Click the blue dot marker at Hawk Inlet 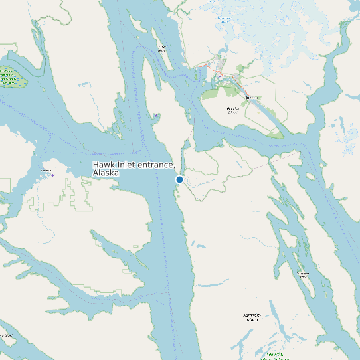tap(179, 179)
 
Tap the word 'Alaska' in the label tap(106, 173)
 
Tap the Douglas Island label tap(232, 110)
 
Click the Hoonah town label tap(46, 171)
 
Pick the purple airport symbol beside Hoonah tap(53, 176)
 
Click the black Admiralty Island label tap(251, 317)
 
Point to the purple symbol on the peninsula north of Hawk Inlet tap(156, 116)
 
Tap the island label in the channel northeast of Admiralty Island tap(303, 274)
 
